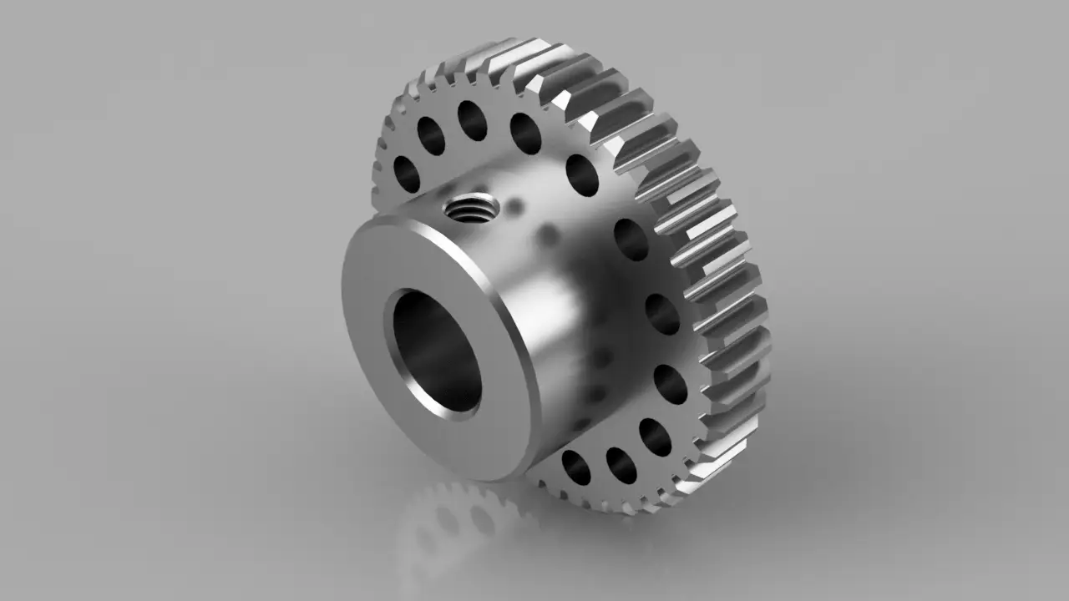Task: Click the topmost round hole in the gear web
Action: click(x=472, y=120)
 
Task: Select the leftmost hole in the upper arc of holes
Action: click(x=407, y=173)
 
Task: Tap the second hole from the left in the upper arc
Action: click(x=431, y=136)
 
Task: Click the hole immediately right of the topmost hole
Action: click(x=525, y=134)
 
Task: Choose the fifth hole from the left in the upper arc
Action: click(x=582, y=175)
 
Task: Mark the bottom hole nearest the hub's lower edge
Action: click(x=575, y=467)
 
